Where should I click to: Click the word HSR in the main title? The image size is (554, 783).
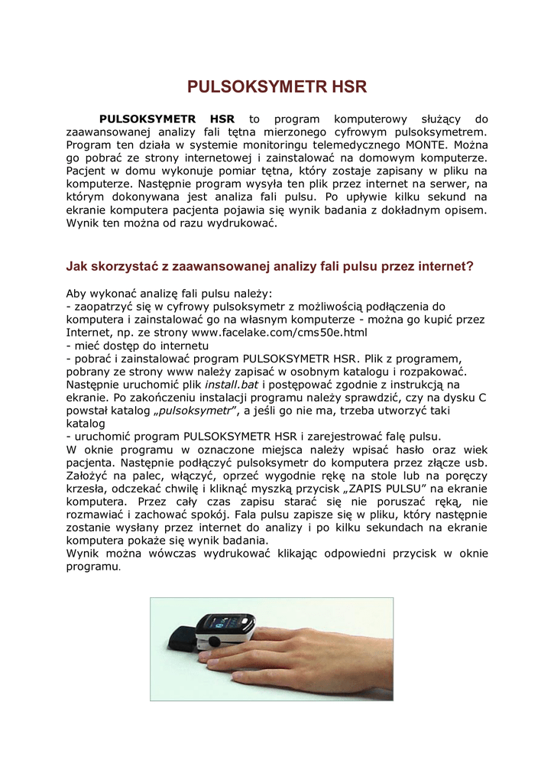click(x=345, y=87)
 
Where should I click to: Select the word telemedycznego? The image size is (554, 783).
click(x=348, y=144)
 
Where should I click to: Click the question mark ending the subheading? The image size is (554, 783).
click(x=469, y=266)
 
